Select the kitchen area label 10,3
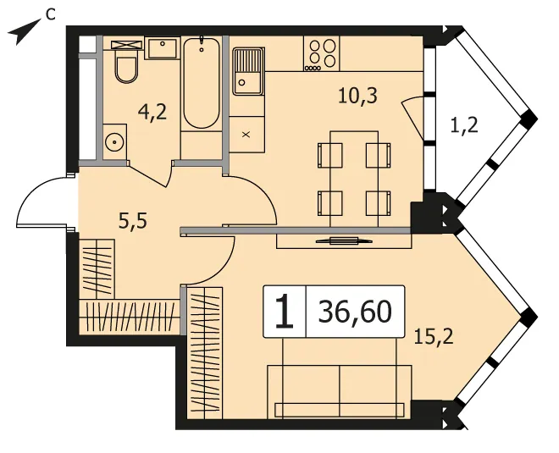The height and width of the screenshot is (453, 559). [357, 96]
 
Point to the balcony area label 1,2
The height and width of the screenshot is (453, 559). [464, 126]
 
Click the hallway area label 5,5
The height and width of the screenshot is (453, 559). [133, 222]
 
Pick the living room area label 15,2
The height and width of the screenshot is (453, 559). [434, 337]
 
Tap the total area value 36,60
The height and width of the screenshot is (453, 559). [355, 312]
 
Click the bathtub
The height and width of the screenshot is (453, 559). [201, 83]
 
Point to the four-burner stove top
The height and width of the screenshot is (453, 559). [322, 54]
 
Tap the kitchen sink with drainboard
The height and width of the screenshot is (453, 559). [248, 71]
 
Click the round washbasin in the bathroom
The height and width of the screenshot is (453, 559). [115, 142]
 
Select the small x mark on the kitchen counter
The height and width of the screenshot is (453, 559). [246, 135]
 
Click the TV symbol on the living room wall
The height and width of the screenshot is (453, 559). [344, 240]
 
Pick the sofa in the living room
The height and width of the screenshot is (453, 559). [340, 391]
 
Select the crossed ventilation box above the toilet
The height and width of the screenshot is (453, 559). [126, 45]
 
